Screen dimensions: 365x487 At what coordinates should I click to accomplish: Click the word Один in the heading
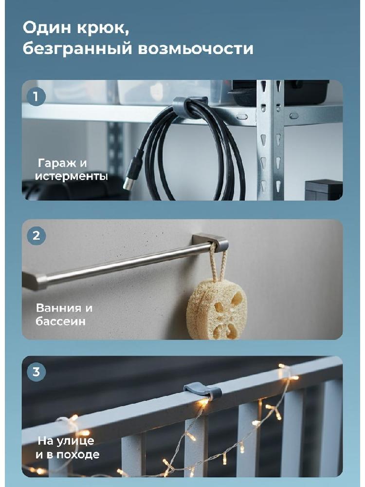[46, 29]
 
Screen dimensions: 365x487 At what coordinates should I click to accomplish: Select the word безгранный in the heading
[77, 49]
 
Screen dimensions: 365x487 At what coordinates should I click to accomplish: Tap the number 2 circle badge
[36, 236]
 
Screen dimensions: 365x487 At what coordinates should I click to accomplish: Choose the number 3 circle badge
[36, 372]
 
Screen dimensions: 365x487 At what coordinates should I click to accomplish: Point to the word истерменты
[72, 176]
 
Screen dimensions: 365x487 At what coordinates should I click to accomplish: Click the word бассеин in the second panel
[60, 321]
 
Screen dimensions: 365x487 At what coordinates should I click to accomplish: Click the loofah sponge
[217, 309]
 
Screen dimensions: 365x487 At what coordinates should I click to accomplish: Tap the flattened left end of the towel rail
[34, 281]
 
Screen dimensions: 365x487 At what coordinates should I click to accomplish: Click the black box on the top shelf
[281, 93]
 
